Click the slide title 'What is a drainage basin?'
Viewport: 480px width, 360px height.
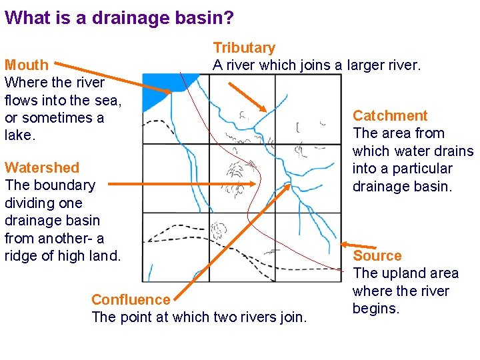[119, 17]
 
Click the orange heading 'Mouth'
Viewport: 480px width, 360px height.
[27, 65]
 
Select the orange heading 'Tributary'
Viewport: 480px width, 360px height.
[244, 48]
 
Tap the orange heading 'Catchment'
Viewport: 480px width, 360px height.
[390, 116]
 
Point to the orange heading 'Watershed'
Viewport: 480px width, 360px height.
[42, 168]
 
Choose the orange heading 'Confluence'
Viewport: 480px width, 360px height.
[131, 300]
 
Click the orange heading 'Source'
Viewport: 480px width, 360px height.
[377, 256]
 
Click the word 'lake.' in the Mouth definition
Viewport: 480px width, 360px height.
[20, 135]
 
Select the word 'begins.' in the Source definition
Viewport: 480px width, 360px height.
[376, 309]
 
